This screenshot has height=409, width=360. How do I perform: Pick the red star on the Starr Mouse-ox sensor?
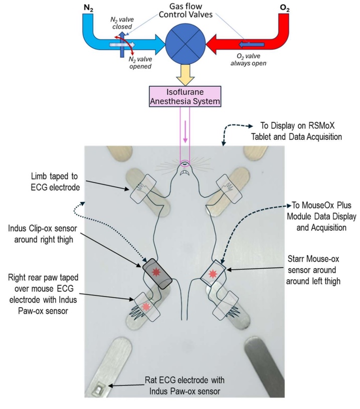click(x=214, y=274)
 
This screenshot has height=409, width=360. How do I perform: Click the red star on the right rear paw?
click(x=146, y=306)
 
